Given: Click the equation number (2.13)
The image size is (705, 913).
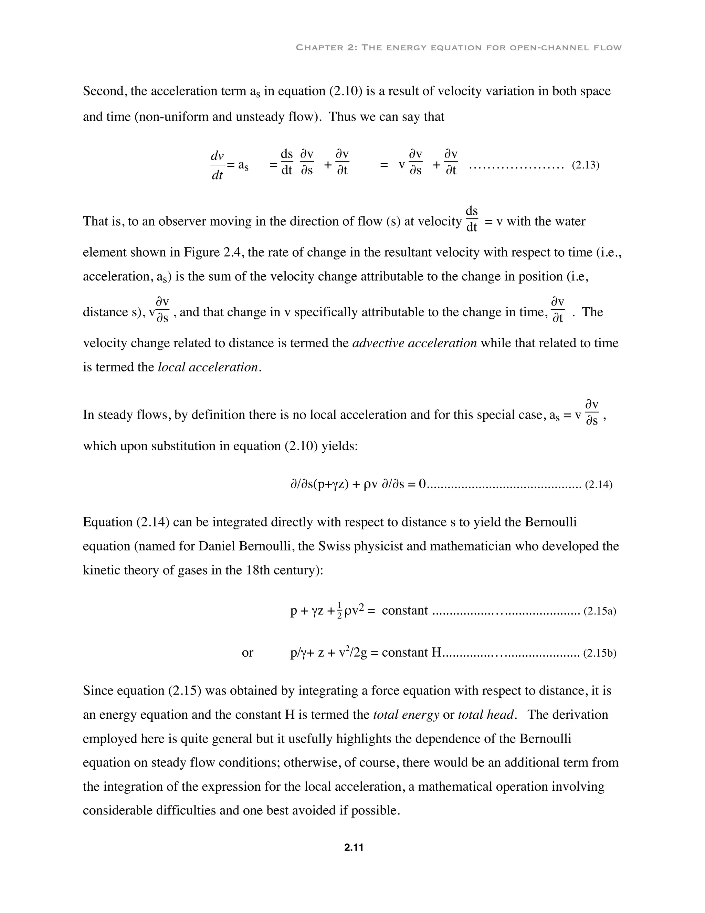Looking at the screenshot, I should click(x=585, y=165).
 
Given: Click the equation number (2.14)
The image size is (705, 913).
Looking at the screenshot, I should click(x=598, y=485).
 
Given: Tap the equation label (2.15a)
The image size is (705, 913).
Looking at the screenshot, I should click(x=599, y=612).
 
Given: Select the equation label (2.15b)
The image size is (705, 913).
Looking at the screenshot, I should click(x=599, y=653).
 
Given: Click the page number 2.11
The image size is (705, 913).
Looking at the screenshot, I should click(x=353, y=848).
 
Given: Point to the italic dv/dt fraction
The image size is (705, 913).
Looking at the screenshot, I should click(x=217, y=165).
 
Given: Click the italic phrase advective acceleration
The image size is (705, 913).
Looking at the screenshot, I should click(x=414, y=343).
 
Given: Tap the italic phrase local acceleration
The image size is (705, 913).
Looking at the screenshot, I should click(x=208, y=368).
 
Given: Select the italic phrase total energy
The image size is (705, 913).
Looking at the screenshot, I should click(x=406, y=715).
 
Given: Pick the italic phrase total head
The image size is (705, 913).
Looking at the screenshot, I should click(x=486, y=715).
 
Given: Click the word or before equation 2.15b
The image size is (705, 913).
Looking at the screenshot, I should click(x=247, y=653).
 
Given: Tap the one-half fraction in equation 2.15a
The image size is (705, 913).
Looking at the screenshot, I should click(x=339, y=612).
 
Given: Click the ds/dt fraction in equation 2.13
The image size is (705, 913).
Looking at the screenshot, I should click(x=286, y=162).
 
